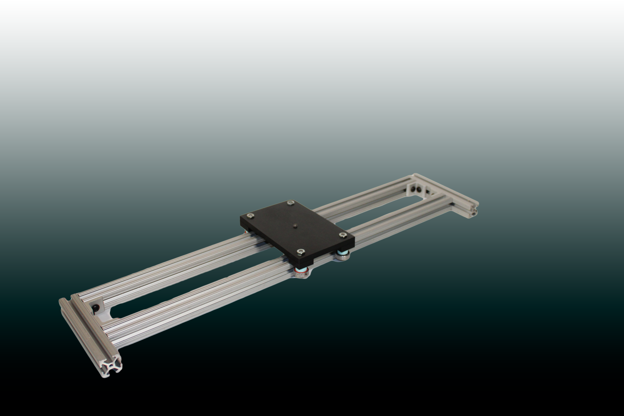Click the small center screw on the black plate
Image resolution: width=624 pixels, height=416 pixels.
pyautogui.click(x=296, y=226)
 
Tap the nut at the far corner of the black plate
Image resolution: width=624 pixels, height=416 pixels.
pyautogui.click(x=291, y=203)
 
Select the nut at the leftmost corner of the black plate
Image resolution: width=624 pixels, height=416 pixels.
pyautogui.click(x=250, y=216)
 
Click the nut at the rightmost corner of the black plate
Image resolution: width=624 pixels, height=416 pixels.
pyautogui.click(x=343, y=235)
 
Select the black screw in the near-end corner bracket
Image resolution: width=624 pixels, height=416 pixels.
pyautogui.click(x=95, y=308)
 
